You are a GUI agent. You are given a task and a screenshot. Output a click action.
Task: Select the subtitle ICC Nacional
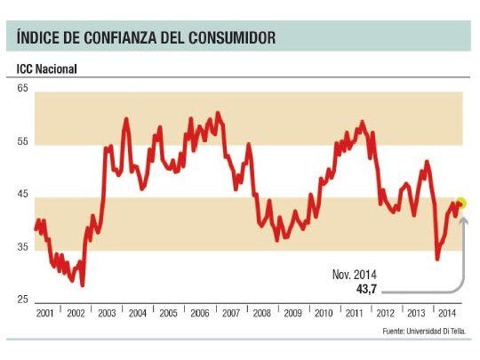(46, 69)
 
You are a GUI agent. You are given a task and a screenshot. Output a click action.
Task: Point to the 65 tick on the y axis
(22, 89)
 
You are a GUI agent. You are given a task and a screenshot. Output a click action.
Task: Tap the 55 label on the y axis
(22, 142)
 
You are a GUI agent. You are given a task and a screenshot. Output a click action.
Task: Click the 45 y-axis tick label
(22, 196)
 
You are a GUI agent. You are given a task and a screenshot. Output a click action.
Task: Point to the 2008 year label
(263, 314)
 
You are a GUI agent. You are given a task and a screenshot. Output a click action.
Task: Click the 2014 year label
(447, 314)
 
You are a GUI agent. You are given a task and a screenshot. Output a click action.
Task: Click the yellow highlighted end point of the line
(460, 204)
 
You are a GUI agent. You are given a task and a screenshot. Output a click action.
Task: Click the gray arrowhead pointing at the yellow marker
(462, 217)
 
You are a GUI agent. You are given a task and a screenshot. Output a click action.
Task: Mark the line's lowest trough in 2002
(82, 284)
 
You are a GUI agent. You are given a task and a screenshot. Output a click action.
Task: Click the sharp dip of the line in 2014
(437, 259)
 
